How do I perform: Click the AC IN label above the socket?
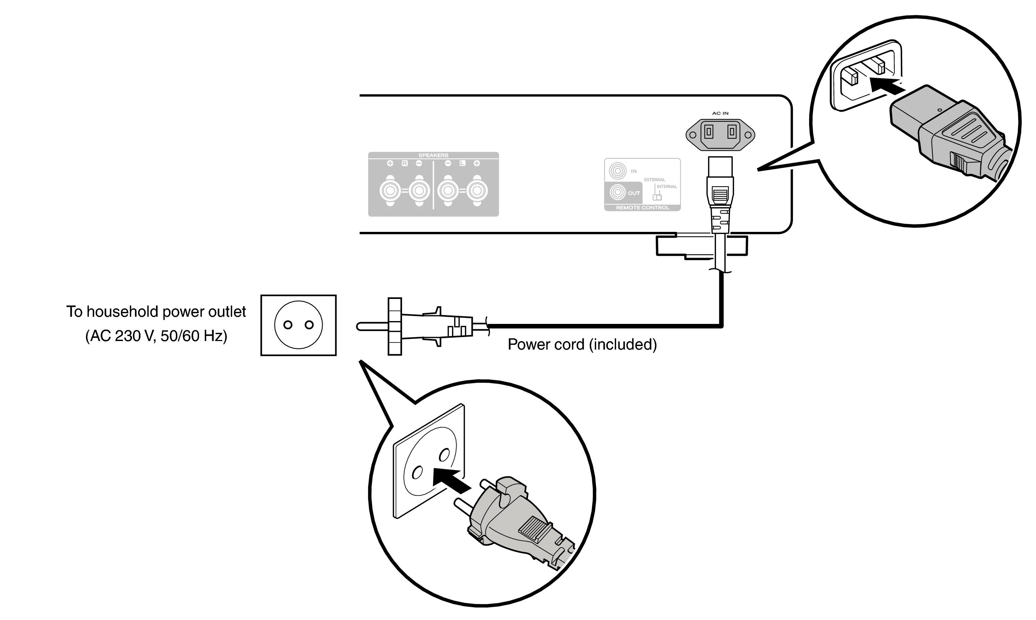[720, 113]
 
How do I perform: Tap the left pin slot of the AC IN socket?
[709, 132]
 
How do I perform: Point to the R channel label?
[404, 163]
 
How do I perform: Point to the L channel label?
[462, 163]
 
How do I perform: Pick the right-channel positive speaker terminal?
[390, 191]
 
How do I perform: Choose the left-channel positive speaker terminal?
[477, 191]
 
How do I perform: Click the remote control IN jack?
[618, 171]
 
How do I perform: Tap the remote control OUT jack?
[618, 192]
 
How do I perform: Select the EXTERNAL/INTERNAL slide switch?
[657, 197]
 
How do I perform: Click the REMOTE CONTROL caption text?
[643, 208]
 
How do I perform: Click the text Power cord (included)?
[582, 345]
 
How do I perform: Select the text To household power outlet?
[156, 312]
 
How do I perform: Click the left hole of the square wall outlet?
[288, 325]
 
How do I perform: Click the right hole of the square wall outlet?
[309, 325]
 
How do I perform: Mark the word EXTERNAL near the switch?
[655, 180]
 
